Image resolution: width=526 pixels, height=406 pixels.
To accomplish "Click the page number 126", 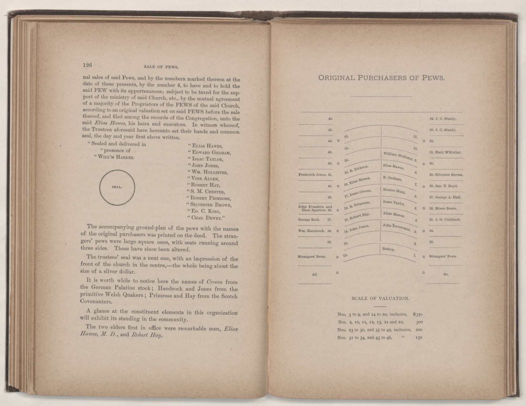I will [87, 65].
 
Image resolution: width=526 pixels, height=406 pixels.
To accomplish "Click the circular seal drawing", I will [117, 187].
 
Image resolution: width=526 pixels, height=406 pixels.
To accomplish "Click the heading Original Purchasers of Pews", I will [381, 78].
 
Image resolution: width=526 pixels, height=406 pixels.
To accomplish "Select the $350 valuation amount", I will [417, 314].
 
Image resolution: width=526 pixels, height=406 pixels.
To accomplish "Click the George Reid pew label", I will [309, 220].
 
